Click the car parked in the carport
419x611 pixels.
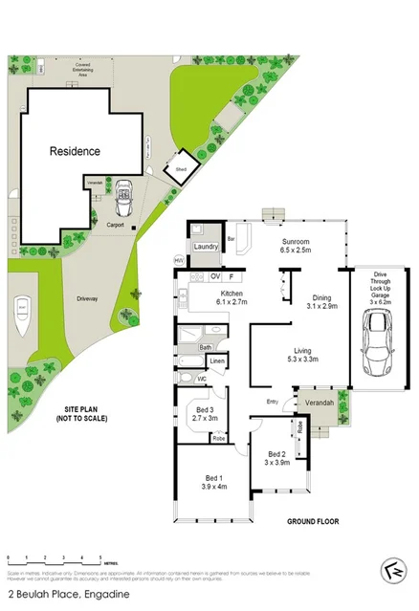pyautogui.click(x=122, y=202)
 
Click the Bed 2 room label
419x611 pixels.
pyautogui.click(x=278, y=457)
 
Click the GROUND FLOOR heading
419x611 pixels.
pyautogui.click(x=315, y=522)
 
